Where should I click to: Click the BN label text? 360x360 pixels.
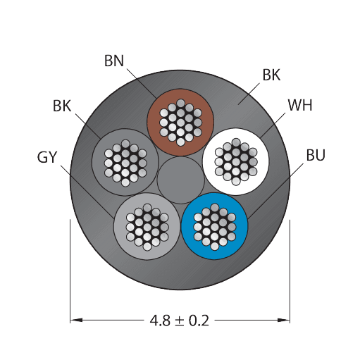point(114,61)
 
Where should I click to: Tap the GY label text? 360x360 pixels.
point(47,157)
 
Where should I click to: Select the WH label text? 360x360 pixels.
point(300,105)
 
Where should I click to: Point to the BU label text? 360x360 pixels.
point(316,155)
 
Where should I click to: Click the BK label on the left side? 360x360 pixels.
point(62,106)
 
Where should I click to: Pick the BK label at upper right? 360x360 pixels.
point(271,75)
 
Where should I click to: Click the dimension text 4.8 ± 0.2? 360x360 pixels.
point(180,321)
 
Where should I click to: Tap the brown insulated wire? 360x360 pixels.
point(180,122)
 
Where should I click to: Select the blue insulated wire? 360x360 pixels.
point(214,226)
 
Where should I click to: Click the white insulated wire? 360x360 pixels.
point(236,161)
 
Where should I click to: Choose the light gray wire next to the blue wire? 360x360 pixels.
point(147,226)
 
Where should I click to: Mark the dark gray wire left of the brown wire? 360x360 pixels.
point(125,162)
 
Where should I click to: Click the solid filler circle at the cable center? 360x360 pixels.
point(180,180)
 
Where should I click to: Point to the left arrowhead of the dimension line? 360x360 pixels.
point(76,320)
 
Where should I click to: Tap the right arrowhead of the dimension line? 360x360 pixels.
point(284,320)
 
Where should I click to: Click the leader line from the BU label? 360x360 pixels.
point(275,191)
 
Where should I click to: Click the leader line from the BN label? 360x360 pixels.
point(142,83)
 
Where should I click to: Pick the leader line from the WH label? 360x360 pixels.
point(273,125)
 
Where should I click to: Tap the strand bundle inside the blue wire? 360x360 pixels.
point(214,227)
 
